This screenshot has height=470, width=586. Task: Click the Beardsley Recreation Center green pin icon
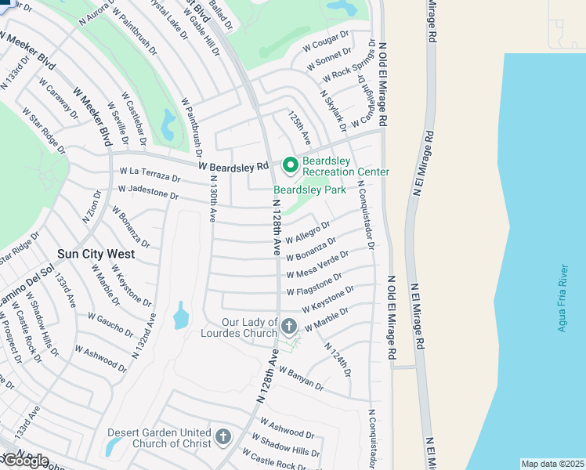(x=290, y=165)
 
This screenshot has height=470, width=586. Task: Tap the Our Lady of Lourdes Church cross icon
(x=289, y=325)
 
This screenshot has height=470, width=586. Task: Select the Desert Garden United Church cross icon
(x=223, y=436)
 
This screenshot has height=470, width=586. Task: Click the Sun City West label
(x=96, y=255)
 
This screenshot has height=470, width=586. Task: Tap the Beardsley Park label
(x=309, y=190)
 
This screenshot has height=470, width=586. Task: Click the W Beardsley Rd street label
(x=233, y=166)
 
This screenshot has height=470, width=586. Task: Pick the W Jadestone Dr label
(x=148, y=191)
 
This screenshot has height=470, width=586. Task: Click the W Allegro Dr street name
(x=311, y=232)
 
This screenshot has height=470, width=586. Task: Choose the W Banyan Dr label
(x=301, y=379)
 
